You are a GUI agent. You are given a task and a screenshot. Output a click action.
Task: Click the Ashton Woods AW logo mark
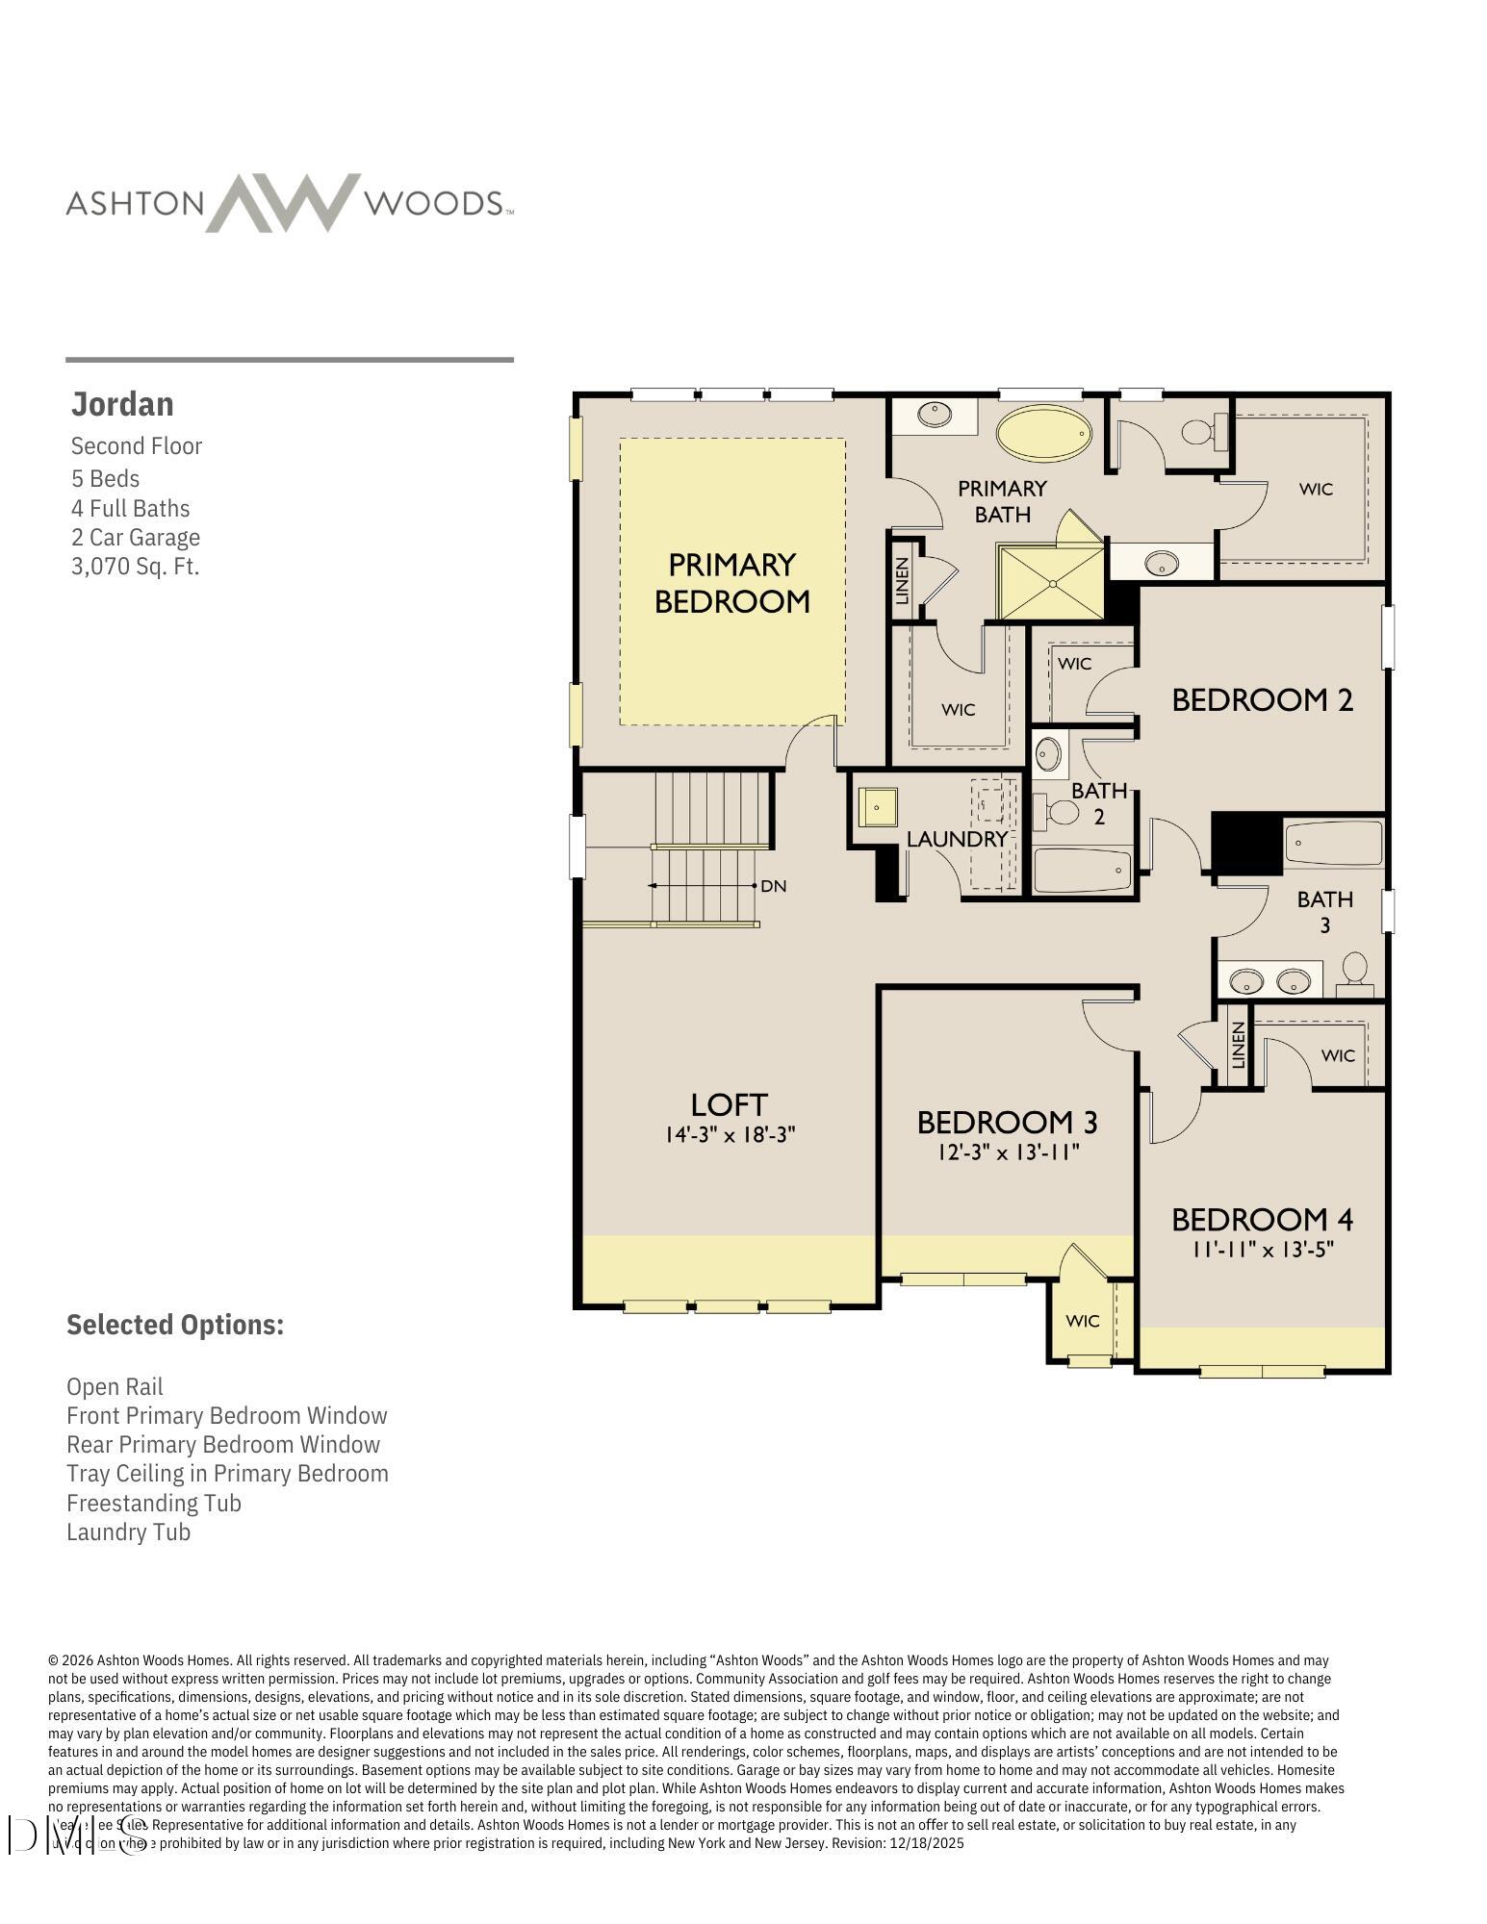283,203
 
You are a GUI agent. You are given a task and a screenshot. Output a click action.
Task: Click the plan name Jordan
122,404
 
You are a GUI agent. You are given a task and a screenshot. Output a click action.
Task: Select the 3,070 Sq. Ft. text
135,566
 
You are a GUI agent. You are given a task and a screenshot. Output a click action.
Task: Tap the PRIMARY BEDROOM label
731,582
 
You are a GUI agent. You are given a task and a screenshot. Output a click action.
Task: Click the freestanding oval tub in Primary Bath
1044,435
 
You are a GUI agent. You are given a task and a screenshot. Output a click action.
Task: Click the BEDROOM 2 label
1262,699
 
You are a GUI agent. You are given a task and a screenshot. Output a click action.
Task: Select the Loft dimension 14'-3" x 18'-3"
730,1135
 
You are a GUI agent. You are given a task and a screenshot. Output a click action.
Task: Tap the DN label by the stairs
773,886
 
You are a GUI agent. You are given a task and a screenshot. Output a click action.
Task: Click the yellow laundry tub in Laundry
878,807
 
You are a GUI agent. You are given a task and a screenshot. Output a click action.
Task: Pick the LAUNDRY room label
956,839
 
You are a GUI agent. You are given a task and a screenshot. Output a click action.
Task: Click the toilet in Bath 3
1355,968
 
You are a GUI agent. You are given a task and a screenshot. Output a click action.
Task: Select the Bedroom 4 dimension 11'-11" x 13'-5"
1262,1250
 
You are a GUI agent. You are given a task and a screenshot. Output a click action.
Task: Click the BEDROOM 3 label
1007,1122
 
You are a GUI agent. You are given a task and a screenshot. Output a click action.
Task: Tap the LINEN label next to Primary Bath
902,581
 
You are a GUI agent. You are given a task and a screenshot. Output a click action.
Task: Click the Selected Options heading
175,1325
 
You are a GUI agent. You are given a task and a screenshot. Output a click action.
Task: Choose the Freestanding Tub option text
154,1503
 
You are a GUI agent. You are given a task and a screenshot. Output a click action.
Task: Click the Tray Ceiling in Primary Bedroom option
227,1474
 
